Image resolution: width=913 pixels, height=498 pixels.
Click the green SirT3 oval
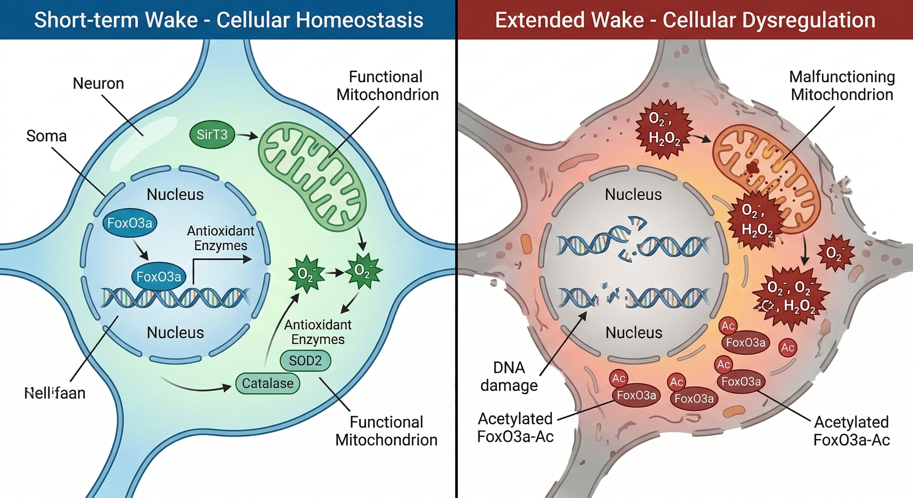point(212,135)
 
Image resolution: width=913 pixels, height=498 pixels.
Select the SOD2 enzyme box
point(305,361)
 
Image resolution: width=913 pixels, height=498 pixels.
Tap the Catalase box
point(267,383)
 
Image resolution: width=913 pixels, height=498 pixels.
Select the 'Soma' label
point(46,136)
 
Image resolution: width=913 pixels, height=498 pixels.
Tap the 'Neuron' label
point(98,84)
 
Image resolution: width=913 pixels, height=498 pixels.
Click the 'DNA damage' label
point(509,376)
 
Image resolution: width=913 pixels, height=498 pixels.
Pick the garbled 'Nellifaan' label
point(55,393)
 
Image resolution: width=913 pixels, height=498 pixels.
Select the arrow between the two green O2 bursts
point(335,273)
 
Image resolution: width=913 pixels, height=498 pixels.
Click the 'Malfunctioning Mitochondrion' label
point(842,86)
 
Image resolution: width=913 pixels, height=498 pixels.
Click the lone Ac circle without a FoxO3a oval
point(788,347)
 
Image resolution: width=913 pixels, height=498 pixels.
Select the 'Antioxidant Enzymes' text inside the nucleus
point(220,238)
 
